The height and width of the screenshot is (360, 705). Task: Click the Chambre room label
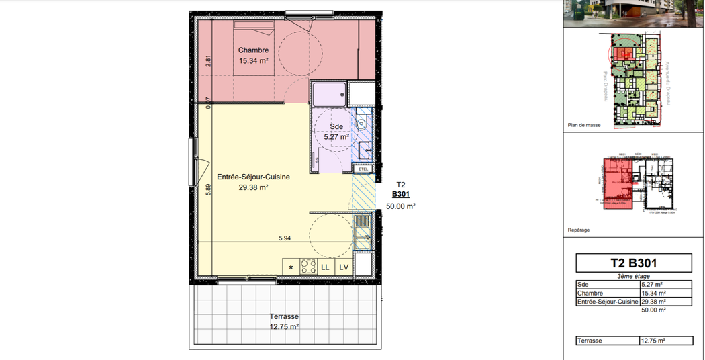(x=254, y=50)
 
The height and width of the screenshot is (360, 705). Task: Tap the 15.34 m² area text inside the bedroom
(x=254, y=61)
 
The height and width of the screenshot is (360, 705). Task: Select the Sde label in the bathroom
(x=336, y=126)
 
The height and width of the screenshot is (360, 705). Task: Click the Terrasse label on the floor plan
(x=284, y=316)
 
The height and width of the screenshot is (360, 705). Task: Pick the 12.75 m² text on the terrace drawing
(x=284, y=327)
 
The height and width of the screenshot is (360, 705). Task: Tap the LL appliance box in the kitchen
(x=326, y=267)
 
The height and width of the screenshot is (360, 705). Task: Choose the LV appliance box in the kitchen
(x=344, y=267)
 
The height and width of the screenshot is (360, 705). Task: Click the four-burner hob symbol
(x=308, y=267)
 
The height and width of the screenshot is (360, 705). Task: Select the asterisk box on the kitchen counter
(x=291, y=267)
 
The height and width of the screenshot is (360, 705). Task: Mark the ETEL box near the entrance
(x=364, y=169)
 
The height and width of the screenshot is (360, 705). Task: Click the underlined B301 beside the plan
(x=401, y=195)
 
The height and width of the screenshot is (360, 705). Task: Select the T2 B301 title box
(x=634, y=263)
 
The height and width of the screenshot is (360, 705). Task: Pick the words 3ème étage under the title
(x=634, y=277)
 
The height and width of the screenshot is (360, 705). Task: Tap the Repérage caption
(x=579, y=230)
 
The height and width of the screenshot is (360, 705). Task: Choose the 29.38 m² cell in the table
(x=653, y=302)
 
